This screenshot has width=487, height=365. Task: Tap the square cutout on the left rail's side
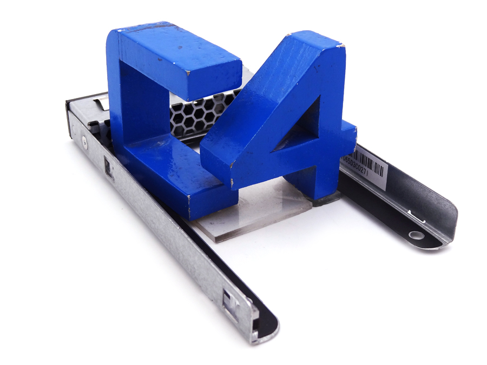tap(109, 169)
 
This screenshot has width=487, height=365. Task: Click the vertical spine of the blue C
tap(130, 108)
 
